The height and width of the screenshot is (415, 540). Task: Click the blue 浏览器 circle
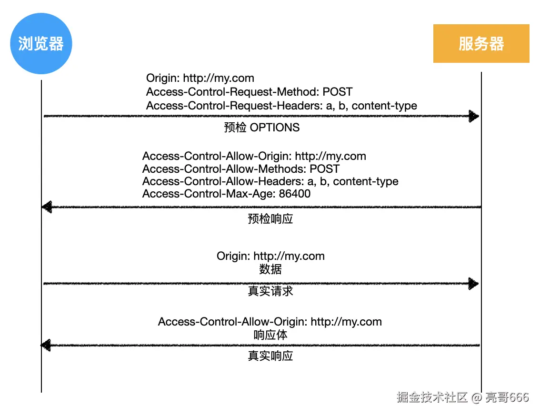click(41, 44)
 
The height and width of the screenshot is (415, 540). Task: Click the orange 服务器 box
click(481, 44)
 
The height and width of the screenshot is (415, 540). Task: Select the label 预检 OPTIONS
click(262, 128)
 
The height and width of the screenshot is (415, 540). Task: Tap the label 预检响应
click(270, 219)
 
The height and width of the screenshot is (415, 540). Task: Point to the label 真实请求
click(270, 291)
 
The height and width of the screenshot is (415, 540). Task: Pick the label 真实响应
click(270, 356)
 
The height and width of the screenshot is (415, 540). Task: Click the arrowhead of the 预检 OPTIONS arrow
click(474, 116)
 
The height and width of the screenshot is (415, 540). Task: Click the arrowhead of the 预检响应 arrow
click(47, 207)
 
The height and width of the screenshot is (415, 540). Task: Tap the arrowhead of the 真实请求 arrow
click(474, 284)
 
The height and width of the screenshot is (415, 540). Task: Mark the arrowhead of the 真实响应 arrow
click(46, 345)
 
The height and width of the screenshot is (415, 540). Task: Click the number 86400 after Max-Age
click(295, 194)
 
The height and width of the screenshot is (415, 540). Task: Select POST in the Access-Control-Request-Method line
click(338, 92)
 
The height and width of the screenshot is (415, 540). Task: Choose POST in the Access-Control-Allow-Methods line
click(325, 169)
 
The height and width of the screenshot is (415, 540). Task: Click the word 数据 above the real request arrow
click(270, 269)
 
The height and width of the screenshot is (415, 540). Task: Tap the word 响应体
click(270, 335)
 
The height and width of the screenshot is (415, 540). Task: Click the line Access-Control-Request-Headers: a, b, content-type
click(281, 106)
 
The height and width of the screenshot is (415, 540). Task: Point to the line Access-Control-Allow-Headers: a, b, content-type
click(270, 181)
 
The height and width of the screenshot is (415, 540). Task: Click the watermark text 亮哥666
click(507, 397)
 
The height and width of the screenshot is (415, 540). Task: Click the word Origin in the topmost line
click(163, 78)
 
